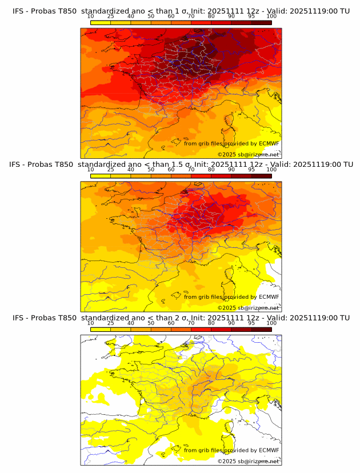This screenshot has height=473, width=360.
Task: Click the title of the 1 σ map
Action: point(181,11)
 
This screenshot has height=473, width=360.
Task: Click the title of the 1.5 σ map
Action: point(181,164)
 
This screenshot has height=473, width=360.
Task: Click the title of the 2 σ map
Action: point(181,318)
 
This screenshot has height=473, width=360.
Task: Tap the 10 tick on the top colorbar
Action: point(91,17)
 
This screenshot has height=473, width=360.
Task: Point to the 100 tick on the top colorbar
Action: point(271,17)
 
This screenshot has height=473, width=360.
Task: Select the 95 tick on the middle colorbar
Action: point(251,170)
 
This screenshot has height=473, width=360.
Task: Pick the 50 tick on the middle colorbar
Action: point(151,170)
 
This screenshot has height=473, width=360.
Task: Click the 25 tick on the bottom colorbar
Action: point(111,323)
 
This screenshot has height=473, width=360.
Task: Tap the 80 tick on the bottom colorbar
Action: point(211,323)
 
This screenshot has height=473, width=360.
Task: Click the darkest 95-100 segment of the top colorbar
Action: point(261,22)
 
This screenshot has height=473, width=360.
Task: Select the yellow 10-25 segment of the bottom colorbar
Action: point(101,329)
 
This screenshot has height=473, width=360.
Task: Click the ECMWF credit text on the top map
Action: point(231,143)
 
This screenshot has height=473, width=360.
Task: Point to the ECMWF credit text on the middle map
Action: point(231,296)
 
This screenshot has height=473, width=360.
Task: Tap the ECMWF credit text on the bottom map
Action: point(231,450)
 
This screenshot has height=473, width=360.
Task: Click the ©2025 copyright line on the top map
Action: point(249,154)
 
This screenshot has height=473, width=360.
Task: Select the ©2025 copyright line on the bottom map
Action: point(249,461)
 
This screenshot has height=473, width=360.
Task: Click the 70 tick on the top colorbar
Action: point(191,17)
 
